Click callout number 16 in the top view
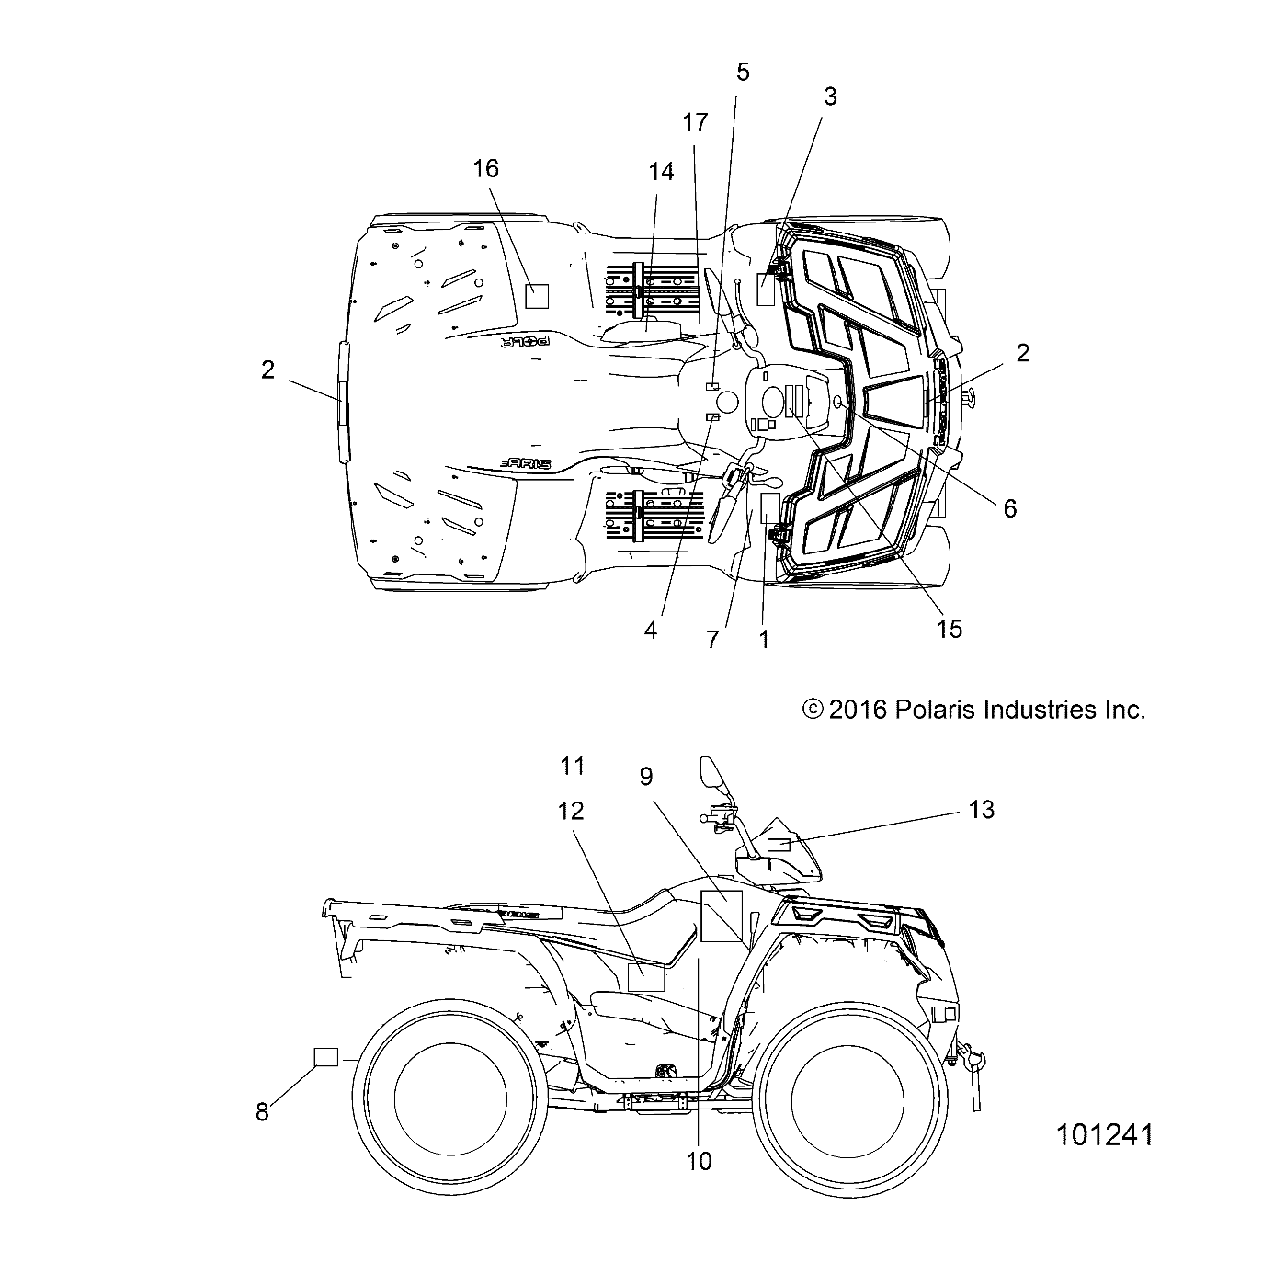(x=485, y=168)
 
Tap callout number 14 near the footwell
(x=661, y=171)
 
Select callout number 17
(x=695, y=122)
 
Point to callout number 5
(x=743, y=72)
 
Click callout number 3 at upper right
(x=830, y=97)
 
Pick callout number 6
(x=1009, y=508)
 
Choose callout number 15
(x=950, y=629)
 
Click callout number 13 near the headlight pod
(x=981, y=810)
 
